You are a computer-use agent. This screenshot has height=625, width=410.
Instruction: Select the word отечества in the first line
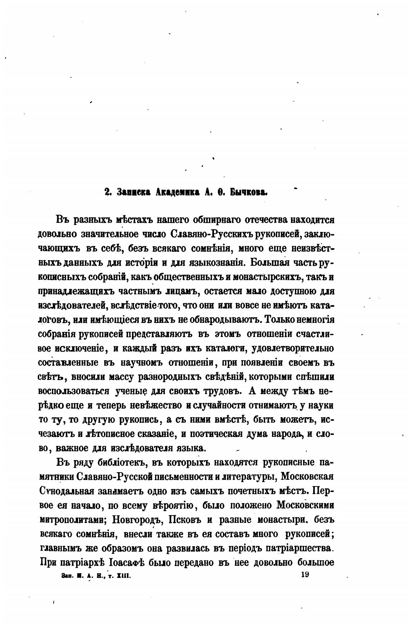click(266, 219)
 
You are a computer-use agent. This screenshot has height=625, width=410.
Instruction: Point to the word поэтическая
click(213, 434)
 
